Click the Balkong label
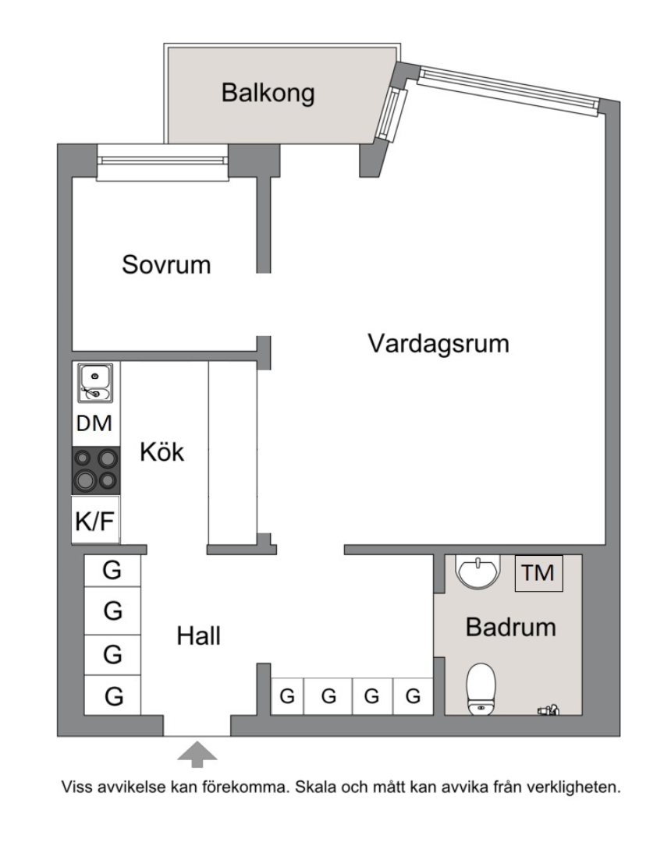268,94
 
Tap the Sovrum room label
166,264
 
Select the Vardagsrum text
438,343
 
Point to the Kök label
162,452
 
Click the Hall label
198,636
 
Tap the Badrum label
511,627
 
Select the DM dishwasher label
94,425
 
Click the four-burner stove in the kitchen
96,470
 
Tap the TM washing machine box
538,573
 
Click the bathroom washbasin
478,572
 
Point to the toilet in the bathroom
481,688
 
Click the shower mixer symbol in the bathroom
548,710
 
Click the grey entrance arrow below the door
197,754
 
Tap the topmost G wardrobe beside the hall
112,571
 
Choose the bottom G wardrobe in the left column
113,695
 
